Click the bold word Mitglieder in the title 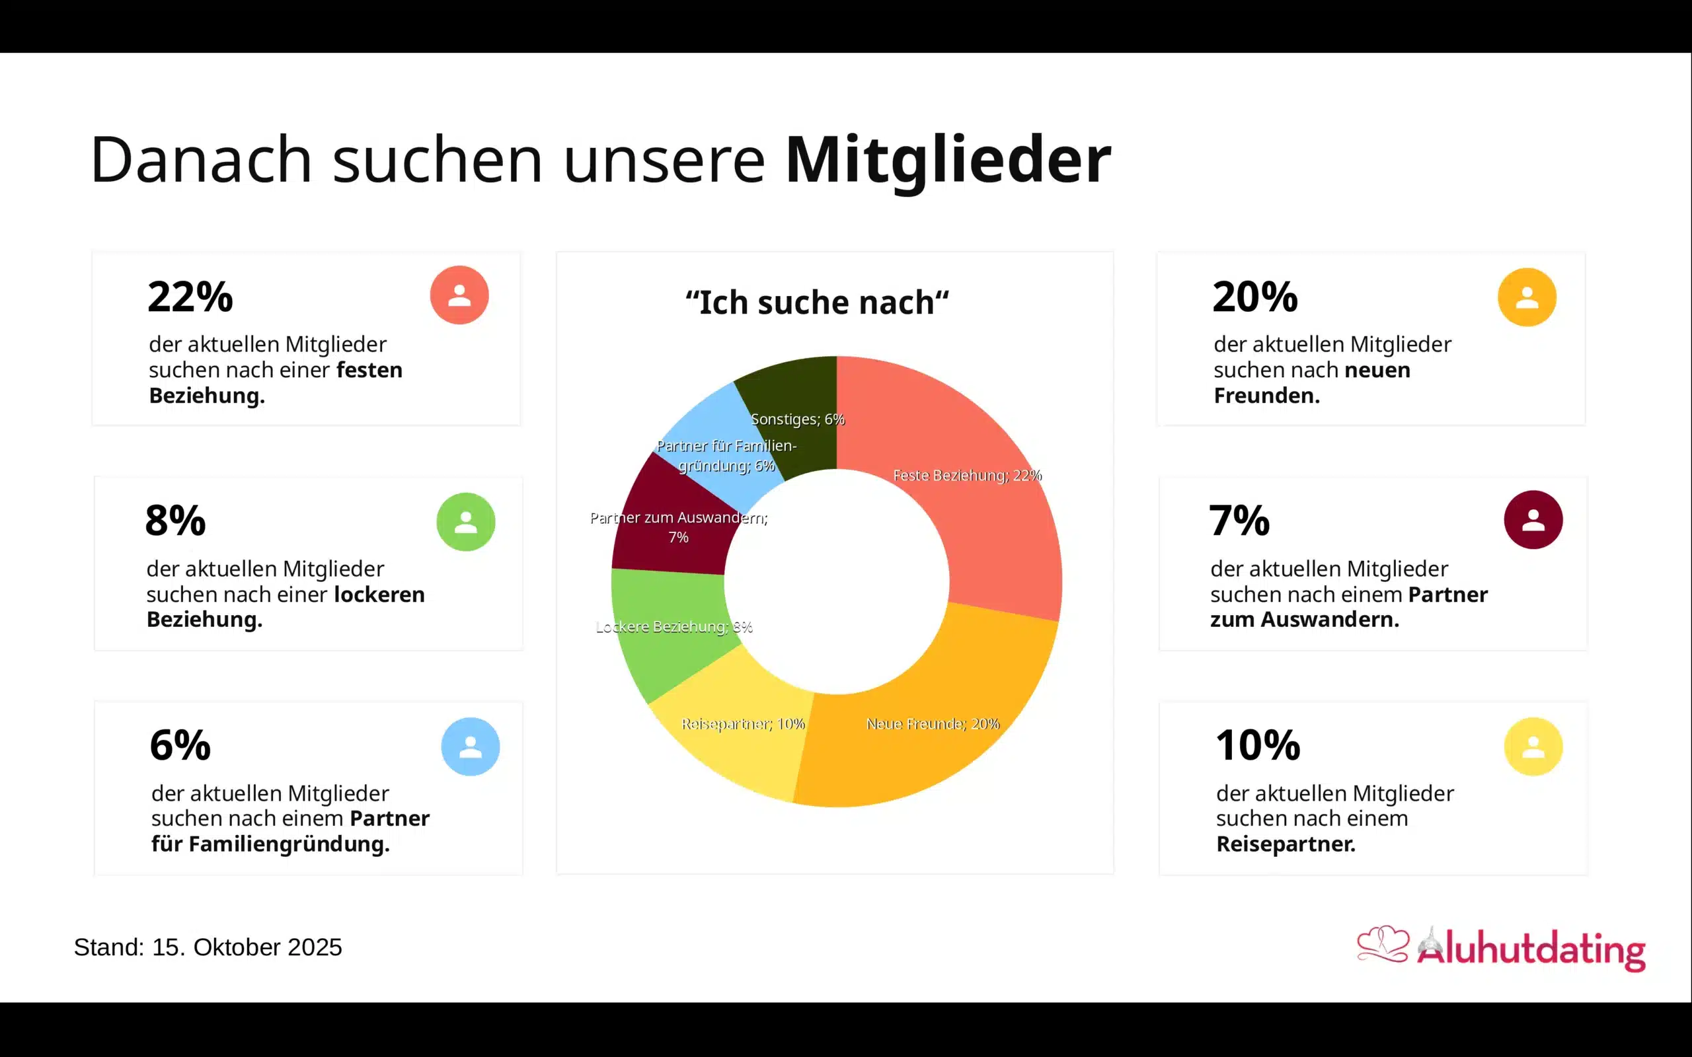[x=947, y=160]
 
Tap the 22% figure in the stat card [x=190, y=297]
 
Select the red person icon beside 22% [x=459, y=295]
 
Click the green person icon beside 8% [x=466, y=521]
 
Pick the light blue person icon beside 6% [x=470, y=747]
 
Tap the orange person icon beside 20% [x=1526, y=297]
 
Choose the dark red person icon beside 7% [x=1533, y=519]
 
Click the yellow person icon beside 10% [x=1533, y=747]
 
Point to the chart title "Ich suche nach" [x=817, y=303]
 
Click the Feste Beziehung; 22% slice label [x=967, y=476]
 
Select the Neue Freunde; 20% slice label [x=933, y=723]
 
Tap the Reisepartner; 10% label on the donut [x=742, y=723]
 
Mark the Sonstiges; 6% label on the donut [x=797, y=419]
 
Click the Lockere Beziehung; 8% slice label [x=673, y=626]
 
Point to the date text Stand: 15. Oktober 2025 [x=208, y=947]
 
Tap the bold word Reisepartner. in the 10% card [x=1285, y=844]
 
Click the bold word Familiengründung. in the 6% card [x=289, y=844]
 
